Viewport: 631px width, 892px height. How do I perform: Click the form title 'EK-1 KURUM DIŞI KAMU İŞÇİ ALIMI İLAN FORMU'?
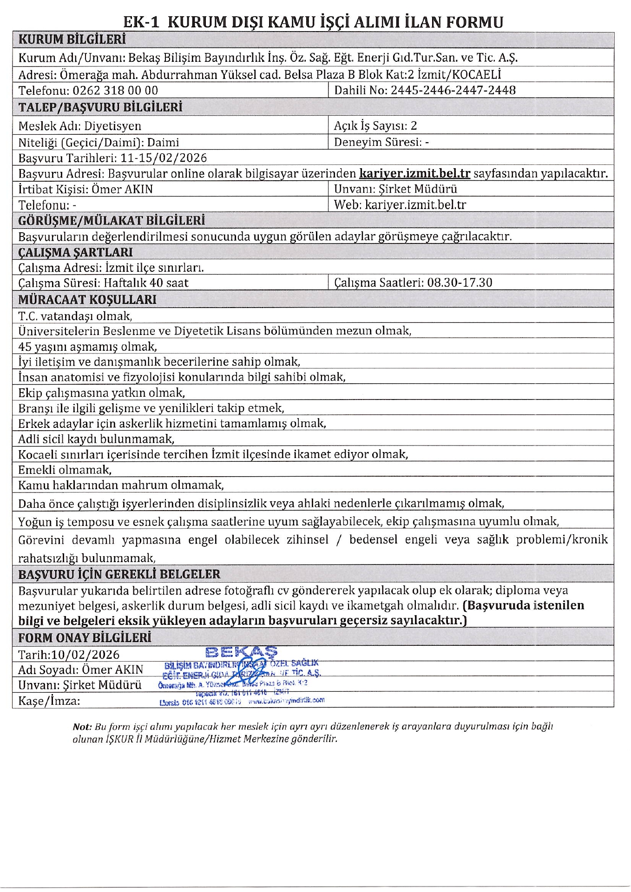[314, 22]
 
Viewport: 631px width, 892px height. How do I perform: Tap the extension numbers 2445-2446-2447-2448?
[453, 90]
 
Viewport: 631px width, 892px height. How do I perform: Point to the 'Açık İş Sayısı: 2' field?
[375, 126]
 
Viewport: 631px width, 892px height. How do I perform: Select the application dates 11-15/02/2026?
[164, 158]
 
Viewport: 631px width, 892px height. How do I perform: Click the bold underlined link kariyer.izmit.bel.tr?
[415, 174]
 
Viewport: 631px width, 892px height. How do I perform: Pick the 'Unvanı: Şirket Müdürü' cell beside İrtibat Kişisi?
[395, 189]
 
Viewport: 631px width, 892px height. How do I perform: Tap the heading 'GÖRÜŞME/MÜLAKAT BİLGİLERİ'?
[112, 220]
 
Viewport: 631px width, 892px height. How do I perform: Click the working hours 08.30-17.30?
[460, 282]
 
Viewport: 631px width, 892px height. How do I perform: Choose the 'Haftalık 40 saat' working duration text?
[146, 283]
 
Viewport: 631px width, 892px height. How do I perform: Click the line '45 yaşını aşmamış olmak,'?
[87, 347]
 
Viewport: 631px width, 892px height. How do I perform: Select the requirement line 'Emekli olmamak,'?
[65, 470]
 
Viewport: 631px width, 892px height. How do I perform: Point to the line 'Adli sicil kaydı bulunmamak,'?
[96, 439]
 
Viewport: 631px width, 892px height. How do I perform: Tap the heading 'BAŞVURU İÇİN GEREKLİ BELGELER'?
[119, 574]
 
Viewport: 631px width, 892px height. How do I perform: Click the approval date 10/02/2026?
[85, 655]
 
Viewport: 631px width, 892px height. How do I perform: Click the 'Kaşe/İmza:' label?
[49, 701]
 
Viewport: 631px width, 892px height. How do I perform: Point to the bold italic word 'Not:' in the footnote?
[82, 726]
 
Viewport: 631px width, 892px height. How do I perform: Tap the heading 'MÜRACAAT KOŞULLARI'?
[87, 300]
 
